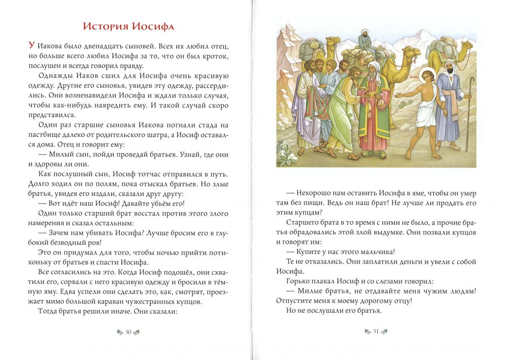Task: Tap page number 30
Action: coord(128,332)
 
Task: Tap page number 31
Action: coord(376,332)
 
